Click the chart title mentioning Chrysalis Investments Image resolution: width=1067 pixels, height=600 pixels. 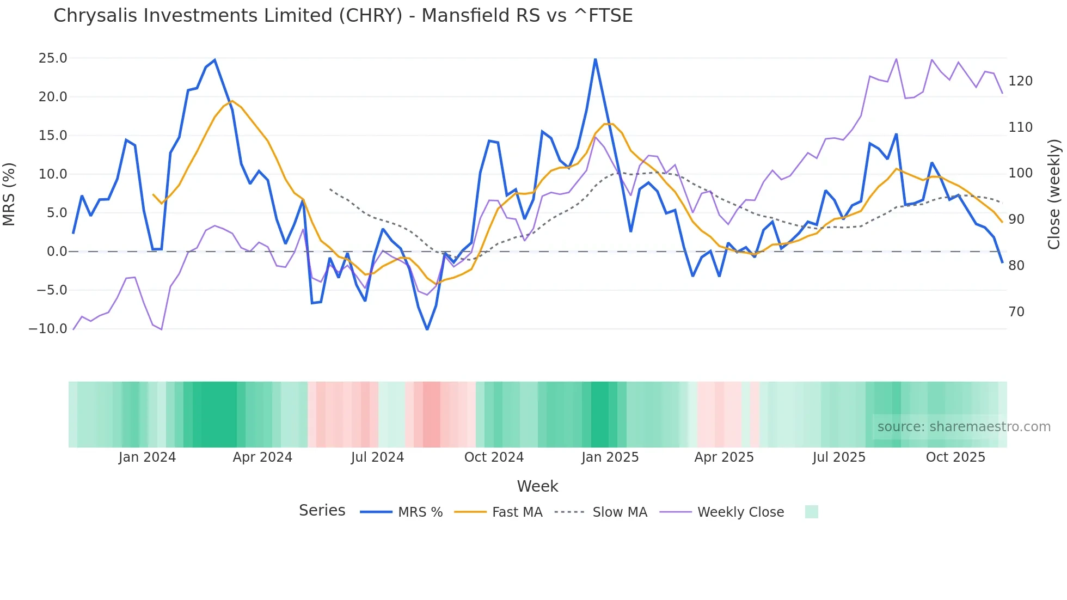(343, 16)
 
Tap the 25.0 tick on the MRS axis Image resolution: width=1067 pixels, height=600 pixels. (53, 58)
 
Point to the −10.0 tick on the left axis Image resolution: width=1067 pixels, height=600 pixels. (48, 329)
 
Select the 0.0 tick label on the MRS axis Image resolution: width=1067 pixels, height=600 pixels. (57, 252)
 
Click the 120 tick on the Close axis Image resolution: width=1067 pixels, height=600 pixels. (1020, 81)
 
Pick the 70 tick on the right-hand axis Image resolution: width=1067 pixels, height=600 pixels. (1016, 312)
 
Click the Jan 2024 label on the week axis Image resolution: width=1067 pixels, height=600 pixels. (147, 457)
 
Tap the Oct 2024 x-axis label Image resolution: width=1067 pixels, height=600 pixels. (494, 457)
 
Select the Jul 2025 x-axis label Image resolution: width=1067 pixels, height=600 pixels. (839, 457)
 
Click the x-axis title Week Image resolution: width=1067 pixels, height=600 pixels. (537, 486)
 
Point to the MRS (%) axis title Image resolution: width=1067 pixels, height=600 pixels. (9, 194)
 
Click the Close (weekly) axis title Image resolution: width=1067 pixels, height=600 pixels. (1054, 194)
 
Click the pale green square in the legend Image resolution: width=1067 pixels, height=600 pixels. (811, 512)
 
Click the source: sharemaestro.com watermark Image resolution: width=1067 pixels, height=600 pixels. (964, 427)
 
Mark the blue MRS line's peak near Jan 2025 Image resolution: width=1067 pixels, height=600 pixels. (596, 59)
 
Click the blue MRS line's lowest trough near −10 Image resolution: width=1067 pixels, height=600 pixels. (427, 329)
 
